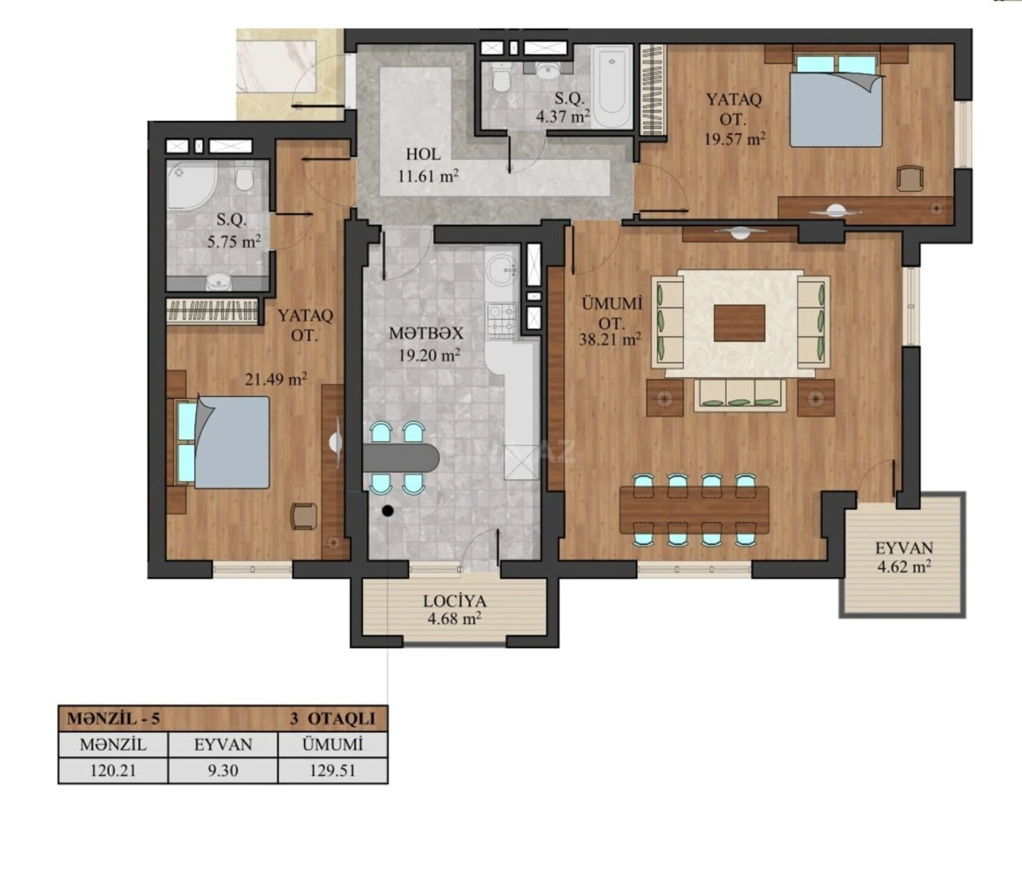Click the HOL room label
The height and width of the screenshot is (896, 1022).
point(423,154)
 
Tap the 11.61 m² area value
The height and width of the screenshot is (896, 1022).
point(428,176)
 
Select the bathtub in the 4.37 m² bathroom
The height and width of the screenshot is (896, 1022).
point(612,87)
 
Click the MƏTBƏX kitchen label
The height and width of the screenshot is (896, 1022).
point(426,334)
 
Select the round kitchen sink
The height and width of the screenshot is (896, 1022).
point(501,269)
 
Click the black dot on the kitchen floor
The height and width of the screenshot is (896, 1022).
point(387,510)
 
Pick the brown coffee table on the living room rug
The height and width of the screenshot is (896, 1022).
point(739,323)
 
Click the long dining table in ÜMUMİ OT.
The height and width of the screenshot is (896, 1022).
point(694,510)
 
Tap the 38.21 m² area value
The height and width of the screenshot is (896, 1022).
point(610,339)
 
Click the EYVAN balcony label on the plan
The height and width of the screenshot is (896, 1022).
point(904,548)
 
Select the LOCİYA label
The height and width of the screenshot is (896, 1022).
point(454,601)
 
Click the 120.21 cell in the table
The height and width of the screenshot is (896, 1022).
point(113,771)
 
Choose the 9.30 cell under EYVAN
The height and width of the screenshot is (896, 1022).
point(223,771)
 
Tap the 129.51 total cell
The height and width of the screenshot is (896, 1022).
point(333,771)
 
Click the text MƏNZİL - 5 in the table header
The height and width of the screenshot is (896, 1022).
point(114,718)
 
